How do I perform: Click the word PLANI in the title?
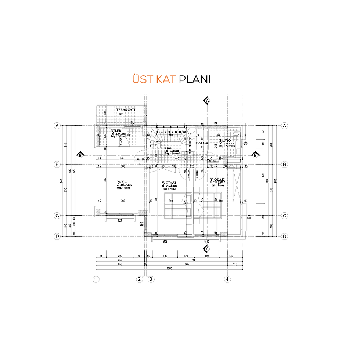195,80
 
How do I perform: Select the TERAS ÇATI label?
124,109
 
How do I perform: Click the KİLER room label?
116,130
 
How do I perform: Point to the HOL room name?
168,148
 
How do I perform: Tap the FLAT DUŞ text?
202,143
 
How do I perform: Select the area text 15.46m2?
170,186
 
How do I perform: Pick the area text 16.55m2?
218,182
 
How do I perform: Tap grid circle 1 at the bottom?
96,279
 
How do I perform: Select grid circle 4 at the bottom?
228,279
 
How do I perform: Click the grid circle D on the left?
57,236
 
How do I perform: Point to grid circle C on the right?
284,216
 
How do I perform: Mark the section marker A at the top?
207,100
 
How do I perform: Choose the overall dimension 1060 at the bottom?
169,269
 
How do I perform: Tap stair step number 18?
190,153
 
